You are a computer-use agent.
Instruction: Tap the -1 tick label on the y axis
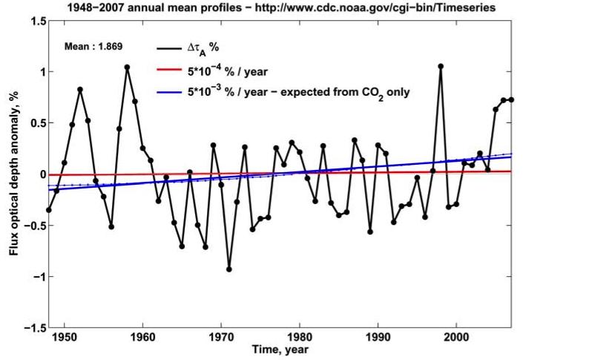click(37, 277)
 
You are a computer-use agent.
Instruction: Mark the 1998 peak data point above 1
click(441, 66)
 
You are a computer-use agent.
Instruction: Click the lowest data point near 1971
click(229, 269)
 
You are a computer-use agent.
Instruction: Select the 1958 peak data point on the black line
click(127, 67)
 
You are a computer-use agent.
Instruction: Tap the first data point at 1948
click(49, 210)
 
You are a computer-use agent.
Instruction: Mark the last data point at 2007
click(511, 99)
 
